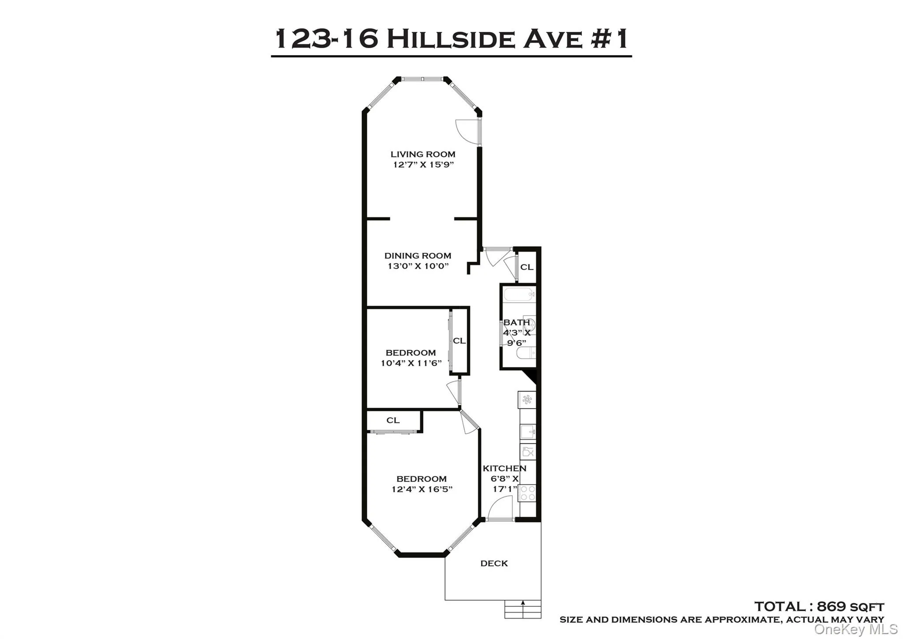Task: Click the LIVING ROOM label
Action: pos(422,154)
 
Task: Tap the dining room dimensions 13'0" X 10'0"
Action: pos(418,266)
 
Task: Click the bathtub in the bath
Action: pos(519,294)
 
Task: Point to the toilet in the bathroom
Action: pos(525,353)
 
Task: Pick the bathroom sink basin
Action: pos(530,325)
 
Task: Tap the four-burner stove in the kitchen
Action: pos(527,493)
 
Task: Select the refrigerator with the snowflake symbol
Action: pos(527,400)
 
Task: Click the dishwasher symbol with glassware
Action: pos(528,452)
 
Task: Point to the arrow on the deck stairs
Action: pos(523,604)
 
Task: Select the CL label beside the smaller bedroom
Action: pos(459,341)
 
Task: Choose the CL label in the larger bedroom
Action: pos(393,420)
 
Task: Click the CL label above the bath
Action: pos(526,267)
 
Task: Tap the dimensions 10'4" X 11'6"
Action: pos(411,363)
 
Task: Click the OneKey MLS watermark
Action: pos(855,629)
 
